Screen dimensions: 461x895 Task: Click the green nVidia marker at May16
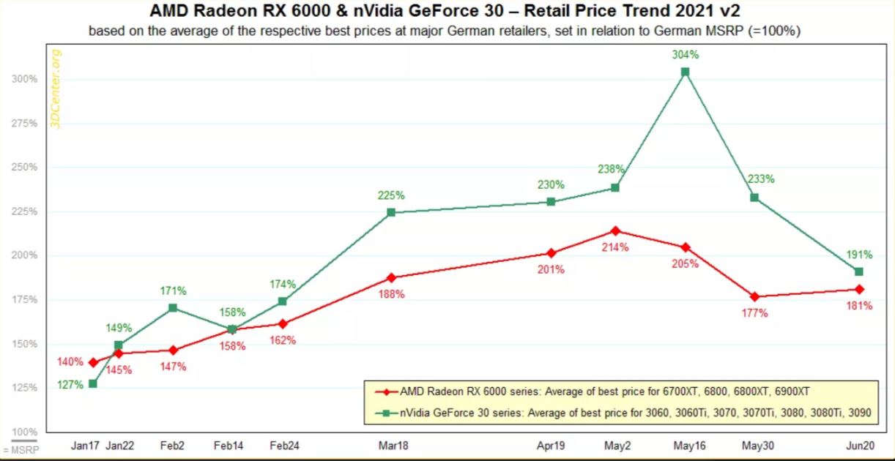click(x=685, y=72)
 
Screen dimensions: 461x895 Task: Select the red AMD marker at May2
click(x=615, y=231)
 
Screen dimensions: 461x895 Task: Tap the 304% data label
click(x=685, y=54)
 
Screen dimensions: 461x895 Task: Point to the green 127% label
click(x=71, y=385)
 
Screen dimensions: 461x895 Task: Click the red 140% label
click(x=71, y=361)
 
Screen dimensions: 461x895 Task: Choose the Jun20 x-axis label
click(x=859, y=444)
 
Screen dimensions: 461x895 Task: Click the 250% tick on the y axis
click(x=25, y=168)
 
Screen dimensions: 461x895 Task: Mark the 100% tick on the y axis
click(x=25, y=432)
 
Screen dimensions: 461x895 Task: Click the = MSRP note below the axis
click(x=20, y=449)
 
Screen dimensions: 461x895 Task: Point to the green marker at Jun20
click(x=859, y=272)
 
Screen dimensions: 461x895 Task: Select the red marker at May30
click(x=754, y=296)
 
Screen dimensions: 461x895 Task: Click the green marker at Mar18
click(x=390, y=213)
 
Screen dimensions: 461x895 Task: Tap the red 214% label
click(x=615, y=247)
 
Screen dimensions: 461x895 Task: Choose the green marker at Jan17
click(x=93, y=383)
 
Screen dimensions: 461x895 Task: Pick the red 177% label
click(x=755, y=313)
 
